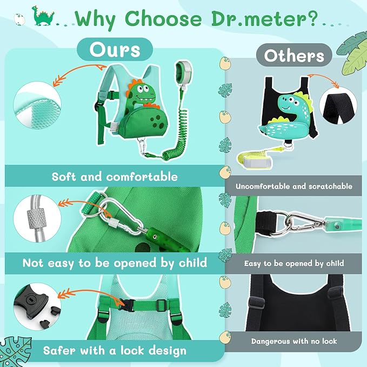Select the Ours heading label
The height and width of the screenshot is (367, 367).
[115, 50]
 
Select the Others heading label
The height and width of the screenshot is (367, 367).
[293, 56]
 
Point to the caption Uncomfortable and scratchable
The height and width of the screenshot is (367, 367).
[294, 186]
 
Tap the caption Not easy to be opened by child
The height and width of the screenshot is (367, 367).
[115, 263]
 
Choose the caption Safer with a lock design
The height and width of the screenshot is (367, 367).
[106, 351]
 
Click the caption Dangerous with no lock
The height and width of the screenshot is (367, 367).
[294, 342]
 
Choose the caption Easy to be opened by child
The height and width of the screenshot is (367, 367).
[294, 263]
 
